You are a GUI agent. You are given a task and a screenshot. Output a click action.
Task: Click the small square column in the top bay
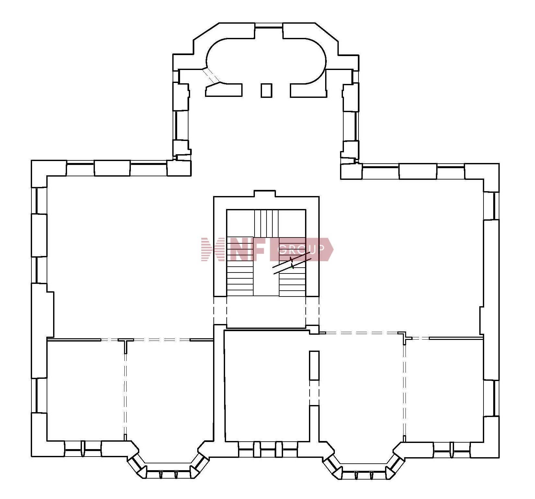pyautogui.click(x=267, y=90)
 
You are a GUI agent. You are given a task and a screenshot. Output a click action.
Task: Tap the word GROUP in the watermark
pyautogui.click(x=302, y=249)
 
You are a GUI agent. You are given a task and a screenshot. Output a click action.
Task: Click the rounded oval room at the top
pyautogui.click(x=266, y=61)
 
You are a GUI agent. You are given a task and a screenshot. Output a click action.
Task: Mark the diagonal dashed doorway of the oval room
pyautogui.click(x=211, y=75)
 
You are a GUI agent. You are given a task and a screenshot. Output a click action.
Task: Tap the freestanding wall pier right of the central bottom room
pyautogui.click(x=314, y=366)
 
